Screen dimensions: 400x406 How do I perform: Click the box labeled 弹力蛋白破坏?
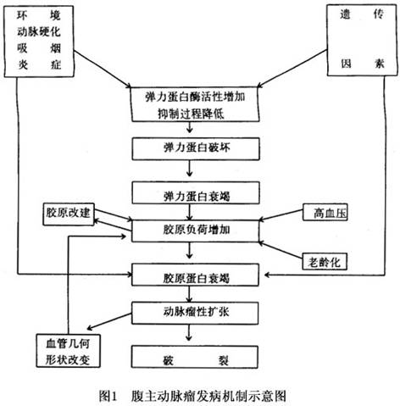(196, 148)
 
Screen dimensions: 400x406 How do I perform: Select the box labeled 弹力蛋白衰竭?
(196, 192)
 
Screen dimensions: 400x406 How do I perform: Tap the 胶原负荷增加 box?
(195, 231)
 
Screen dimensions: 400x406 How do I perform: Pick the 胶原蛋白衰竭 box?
(196, 275)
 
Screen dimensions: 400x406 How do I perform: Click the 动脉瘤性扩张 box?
(195, 313)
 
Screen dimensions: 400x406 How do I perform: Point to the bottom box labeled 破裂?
(195, 357)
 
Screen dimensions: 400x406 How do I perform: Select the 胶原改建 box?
(69, 214)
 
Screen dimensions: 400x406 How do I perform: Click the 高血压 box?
(325, 212)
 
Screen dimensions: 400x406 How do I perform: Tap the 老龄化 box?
(325, 262)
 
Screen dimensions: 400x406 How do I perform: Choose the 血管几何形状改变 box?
(68, 351)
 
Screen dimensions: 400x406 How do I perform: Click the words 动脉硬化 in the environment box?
(39, 31)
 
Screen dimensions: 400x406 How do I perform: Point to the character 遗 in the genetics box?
(345, 14)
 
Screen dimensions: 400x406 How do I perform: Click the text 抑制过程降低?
(191, 114)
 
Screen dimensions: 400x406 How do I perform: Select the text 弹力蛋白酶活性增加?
(195, 97)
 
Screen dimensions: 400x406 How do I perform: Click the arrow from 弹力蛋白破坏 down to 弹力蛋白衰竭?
(190, 169)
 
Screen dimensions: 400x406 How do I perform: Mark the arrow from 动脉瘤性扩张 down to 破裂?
(189, 332)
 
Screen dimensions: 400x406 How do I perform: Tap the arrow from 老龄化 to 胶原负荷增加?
(281, 250)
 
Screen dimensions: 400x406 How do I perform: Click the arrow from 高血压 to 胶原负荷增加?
(281, 215)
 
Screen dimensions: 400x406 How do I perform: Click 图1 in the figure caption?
(108, 396)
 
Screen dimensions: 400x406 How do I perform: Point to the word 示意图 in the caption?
(269, 396)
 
